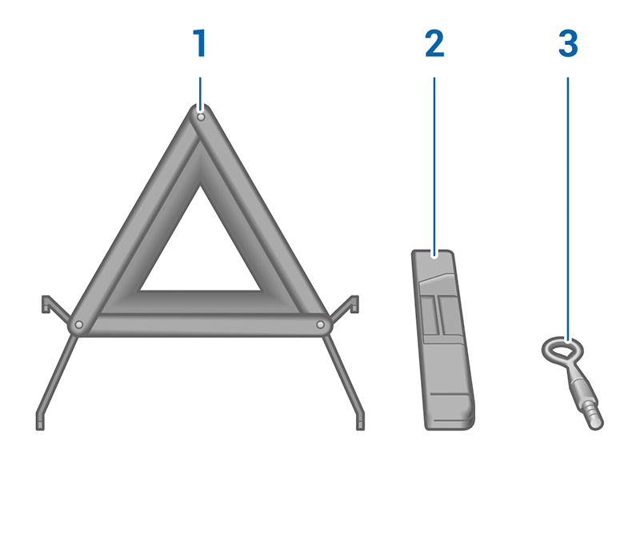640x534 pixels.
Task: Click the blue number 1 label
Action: click(199, 43)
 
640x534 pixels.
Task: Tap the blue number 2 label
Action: click(434, 43)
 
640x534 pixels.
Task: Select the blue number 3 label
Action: click(568, 43)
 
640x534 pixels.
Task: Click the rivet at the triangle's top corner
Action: click(201, 117)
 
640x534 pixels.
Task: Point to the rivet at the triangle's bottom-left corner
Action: click(79, 325)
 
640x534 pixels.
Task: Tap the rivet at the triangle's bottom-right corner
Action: click(321, 325)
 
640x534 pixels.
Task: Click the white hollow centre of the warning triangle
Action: click(200, 253)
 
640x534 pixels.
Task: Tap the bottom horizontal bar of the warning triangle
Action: click(200, 326)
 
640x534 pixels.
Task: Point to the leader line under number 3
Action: click(568, 209)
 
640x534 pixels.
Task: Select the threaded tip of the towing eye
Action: click(593, 416)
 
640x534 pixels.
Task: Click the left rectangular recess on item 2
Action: click(428, 315)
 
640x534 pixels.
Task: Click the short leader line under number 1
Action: click(200, 94)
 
